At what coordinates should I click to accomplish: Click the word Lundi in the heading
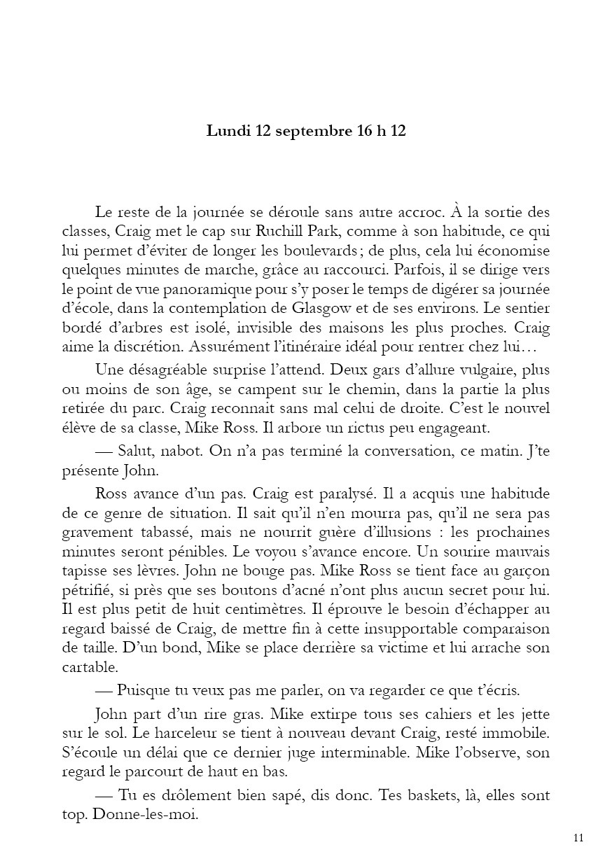click(x=224, y=131)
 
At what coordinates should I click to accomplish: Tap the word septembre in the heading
click(x=306, y=132)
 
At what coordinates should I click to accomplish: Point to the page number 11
click(x=578, y=838)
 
